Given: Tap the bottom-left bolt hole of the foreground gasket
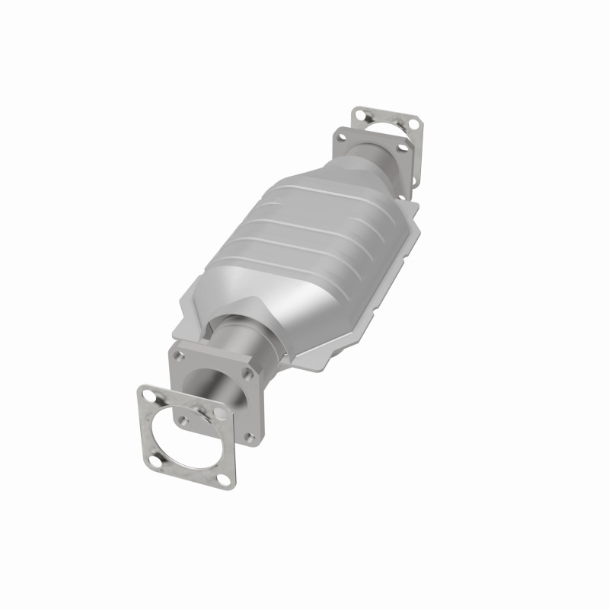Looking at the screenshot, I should tap(155, 461).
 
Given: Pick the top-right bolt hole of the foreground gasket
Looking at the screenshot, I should tap(219, 412).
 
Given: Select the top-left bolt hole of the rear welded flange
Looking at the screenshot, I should tap(342, 138).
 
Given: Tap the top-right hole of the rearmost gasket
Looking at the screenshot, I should tap(412, 123).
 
